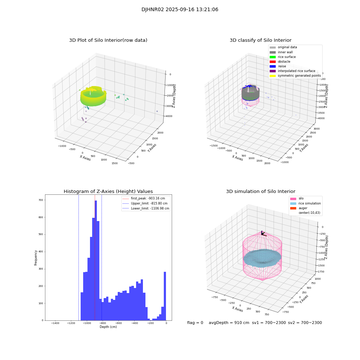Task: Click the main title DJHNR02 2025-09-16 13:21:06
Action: click(x=180, y=10)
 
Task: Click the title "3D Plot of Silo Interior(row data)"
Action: click(x=108, y=40)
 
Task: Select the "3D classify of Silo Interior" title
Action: click(x=260, y=40)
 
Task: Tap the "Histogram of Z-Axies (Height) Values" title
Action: click(x=108, y=192)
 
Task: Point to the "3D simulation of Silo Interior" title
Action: click(x=260, y=192)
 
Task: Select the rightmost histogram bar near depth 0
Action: click(x=165, y=295)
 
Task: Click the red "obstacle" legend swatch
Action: click(x=273, y=62)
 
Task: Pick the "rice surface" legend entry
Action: click(x=287, y=57)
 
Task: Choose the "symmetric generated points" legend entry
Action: click(x=299, y=76)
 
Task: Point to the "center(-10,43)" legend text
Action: click(x=309, y=213)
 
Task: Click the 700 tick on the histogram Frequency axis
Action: click(x=41, y=200)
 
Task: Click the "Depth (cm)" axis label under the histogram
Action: click(x=108, y=327)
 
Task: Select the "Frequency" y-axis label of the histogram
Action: click(x=36, y=257)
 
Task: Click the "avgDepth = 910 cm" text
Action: click(x=229, y=323)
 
